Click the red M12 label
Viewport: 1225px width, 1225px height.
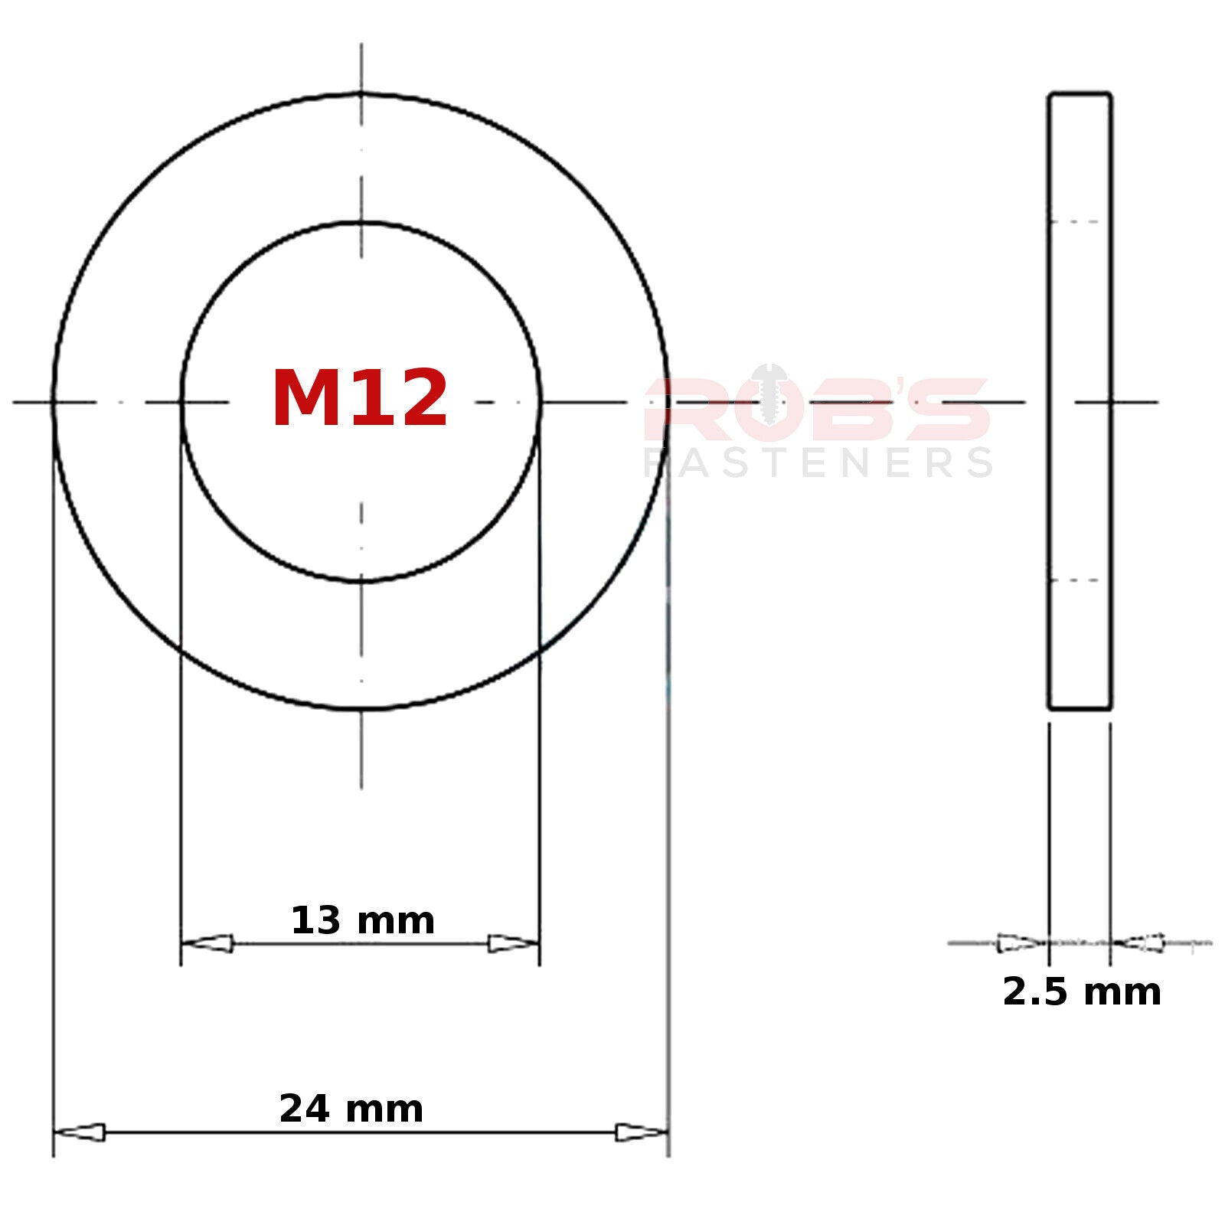pyautogui.click(x=360, y=399)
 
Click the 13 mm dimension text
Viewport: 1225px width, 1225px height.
pyautogui.click(x=363, y=920)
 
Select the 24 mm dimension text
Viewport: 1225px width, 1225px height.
pyautogui.click(x=351, y=1109)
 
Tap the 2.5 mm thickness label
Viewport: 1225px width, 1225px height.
pyautogui.click(x=1082, y=992)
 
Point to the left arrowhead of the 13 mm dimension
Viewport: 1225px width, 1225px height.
pyautogui.click(x=207, y=943)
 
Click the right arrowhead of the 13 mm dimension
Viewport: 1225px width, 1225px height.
pyautogui.click(x=514, y=943)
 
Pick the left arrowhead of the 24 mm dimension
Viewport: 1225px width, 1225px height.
pyautogui.click(x=79, y=1132)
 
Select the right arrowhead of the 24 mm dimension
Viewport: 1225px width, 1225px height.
pyautogui.click(x=642, y=1132)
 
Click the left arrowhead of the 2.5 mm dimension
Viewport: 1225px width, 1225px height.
pyautogui.click(x=1023, y=943)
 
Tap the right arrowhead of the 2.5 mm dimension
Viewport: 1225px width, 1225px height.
pyautogui.click(x=1138, y=943)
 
